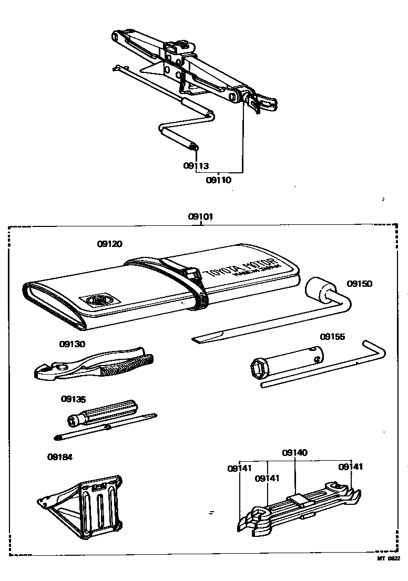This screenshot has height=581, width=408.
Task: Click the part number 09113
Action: [x=196, y=166]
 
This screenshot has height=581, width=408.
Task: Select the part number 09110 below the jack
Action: [x=218, y=180]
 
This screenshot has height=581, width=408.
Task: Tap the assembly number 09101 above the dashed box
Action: [x=201, y=216]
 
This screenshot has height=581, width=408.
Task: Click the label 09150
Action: [x=359, y=284]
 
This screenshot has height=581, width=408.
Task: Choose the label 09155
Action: [x=333, y=337]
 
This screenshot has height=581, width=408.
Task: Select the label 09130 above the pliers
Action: [x=72, y=344]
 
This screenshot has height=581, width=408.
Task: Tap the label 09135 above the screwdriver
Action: [x=73, y=399]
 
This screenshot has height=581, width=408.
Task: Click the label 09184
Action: [x=60, y=457]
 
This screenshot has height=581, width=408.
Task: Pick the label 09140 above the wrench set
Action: [x=294, y=452]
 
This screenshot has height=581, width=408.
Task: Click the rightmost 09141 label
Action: [x=351, y=466]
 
